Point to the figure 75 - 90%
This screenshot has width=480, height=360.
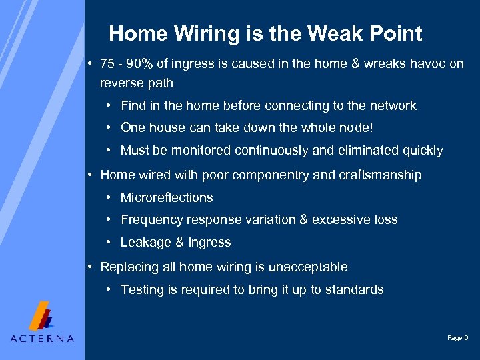[x=125, y=64]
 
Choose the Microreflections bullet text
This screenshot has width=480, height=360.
[x=167, y=197]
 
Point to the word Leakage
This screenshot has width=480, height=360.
[x=143, y=243]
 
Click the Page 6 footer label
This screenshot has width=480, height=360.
[x=457, y=339]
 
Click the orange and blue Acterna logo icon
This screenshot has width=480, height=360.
[x=42, y=316]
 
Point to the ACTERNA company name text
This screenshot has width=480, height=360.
[x=42, y=339]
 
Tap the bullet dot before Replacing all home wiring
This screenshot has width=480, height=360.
[x=90, y=267]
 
